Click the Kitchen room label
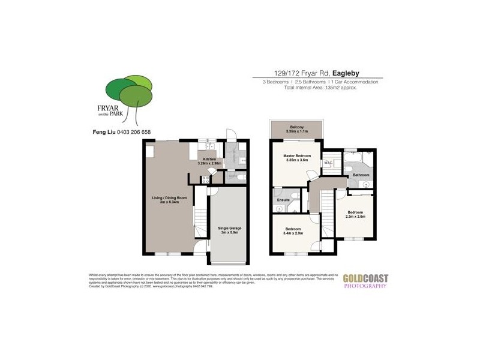pyautogui.click(x=209, y=160)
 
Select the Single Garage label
pyautogui.click(x=227, y=229)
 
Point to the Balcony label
pyautogui.click(x=295, y=127)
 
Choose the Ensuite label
pyautogui.click(x=283, y=200)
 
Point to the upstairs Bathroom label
pyautogui.click(x=361, y=175)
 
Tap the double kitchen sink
pyautogui.click(x=209, y=146)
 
